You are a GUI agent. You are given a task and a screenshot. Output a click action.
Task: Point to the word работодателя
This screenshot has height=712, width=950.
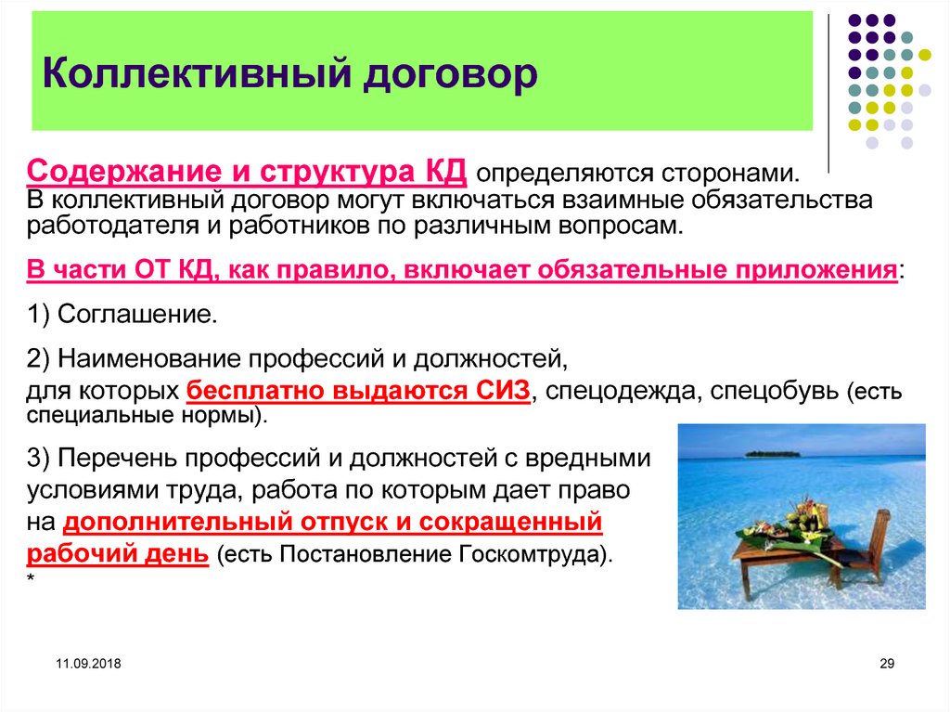109,225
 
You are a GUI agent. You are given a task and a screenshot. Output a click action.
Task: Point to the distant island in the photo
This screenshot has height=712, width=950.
772,454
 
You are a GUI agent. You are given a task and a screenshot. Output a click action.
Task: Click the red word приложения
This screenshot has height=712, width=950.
816,269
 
